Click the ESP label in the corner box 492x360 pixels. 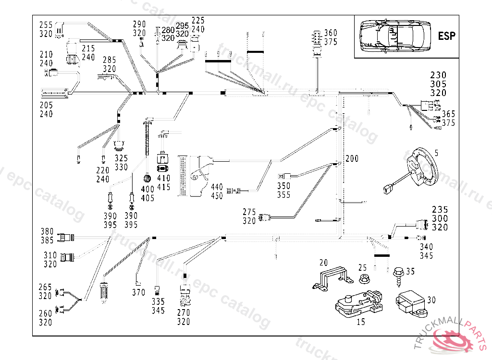446,36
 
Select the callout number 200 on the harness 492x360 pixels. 352,158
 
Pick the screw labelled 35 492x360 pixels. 398,276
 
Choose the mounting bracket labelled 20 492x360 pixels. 332,278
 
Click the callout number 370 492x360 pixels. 138,292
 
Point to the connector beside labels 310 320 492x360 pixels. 67,257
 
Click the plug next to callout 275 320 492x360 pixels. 264,217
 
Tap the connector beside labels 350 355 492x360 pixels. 284,177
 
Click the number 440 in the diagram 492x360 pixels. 217,187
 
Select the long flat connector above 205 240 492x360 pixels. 54,93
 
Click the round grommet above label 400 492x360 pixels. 147,179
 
